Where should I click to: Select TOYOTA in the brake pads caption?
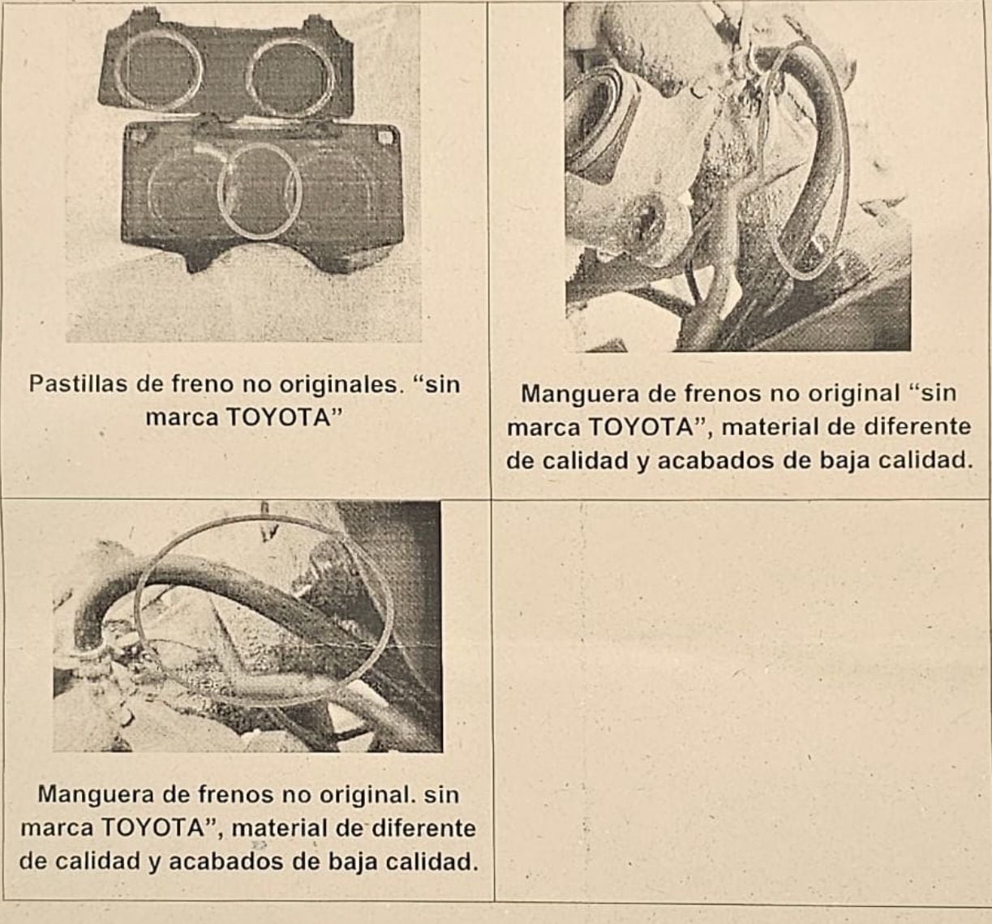pyautogui.click(x=279, y=417)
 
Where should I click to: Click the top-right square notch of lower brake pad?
pyautogui.click(x=384, y=136)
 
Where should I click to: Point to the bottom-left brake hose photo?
pyautogui.click(x=247, y=627)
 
